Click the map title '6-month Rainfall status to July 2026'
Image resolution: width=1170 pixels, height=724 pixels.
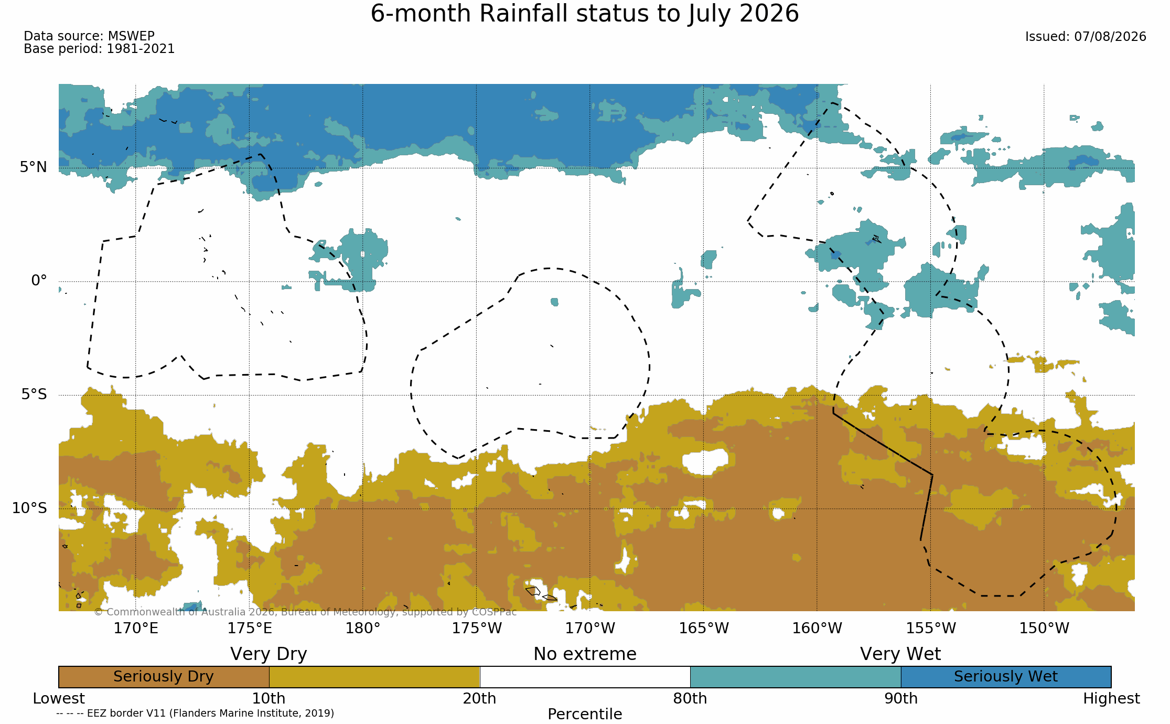point(585,14)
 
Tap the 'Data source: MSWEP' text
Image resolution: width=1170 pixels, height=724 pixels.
point(89,36)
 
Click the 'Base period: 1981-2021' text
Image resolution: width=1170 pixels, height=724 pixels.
point(99,49)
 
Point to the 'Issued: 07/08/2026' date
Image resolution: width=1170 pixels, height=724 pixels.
point(1086,37)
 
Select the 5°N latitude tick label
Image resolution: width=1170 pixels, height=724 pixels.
point(34,167)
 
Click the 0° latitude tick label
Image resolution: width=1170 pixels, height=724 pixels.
point(39,281)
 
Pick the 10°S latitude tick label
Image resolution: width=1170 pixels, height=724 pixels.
point(29,508)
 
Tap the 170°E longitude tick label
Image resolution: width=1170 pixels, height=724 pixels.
point(136,628)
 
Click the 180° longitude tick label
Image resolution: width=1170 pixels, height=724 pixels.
point(363,628)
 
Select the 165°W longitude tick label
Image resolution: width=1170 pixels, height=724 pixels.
point(704,628)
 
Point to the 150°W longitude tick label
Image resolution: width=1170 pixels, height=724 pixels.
point(1044,628)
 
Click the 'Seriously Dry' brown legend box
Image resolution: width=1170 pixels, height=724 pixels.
point(164,677)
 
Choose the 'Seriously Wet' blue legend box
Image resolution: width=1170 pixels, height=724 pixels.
point(1006,677)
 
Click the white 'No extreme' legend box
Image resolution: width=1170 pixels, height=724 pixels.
point(585,677)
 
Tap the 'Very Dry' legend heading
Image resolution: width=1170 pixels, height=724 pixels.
point(269,654)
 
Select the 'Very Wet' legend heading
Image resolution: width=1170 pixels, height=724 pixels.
point(900,654)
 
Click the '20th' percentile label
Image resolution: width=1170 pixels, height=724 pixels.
point(479,699)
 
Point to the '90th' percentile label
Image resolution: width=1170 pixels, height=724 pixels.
point(901,699)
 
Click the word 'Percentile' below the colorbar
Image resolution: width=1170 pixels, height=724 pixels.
point(585,714)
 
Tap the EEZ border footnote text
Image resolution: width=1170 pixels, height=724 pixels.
point(195,714)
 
